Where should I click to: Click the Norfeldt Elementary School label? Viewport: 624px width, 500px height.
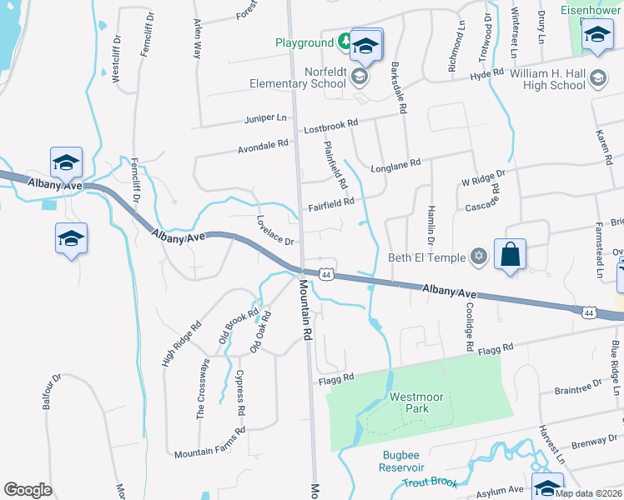click(x=298, y=77)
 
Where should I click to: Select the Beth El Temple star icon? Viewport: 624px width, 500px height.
click(x=479, y=255)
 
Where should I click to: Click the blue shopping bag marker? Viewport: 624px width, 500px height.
click(x=510, y=253)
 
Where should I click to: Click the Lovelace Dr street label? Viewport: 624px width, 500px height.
click(x=276, y=231)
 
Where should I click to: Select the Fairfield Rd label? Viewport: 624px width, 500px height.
click(x=332, y=202)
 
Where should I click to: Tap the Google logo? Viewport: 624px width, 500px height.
click(x=28, y=490)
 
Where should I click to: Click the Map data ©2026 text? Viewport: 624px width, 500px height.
click(x=588, y=493)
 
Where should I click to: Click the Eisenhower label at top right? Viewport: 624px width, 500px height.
click(x=591, y=10)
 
